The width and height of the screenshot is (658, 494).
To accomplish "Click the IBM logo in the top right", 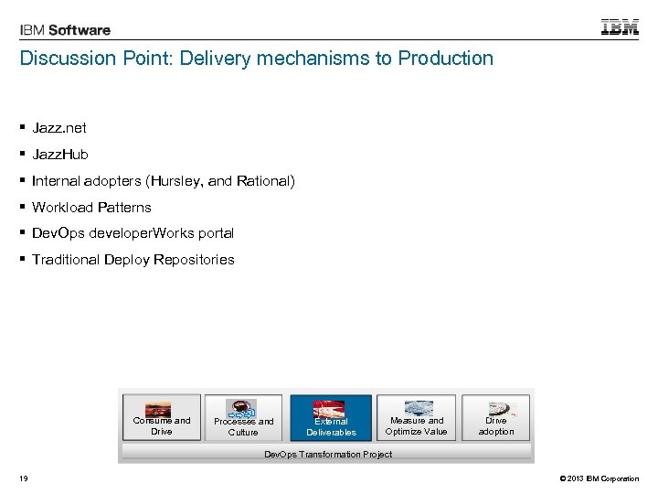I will point(620,27).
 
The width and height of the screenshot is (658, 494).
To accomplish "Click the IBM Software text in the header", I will point(65,30).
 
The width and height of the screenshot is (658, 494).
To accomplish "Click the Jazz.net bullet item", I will point(59,128).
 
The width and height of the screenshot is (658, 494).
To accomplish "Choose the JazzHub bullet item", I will point(60,155).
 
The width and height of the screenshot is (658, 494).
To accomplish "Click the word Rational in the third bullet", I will point(263,181).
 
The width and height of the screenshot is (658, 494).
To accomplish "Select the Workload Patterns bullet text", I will point(91,208).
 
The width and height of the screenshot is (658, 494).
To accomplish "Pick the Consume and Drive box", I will point(162,419).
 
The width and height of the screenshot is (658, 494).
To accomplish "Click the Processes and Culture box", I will point(243,419).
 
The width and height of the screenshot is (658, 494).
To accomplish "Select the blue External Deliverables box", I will point(331,419).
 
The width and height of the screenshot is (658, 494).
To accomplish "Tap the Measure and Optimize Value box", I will point(417,419).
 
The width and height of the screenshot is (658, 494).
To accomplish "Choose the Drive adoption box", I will point(496,419).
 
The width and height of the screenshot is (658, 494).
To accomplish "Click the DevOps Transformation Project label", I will point(328,454).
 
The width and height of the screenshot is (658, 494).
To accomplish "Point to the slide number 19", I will point(23,478).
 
